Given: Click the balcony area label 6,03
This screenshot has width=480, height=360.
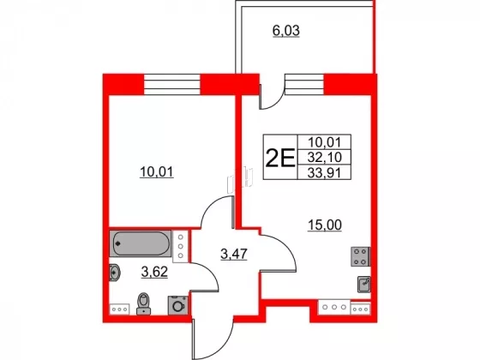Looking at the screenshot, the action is click(286, 31).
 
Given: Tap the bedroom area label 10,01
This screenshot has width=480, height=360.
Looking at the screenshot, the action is click(157, 172).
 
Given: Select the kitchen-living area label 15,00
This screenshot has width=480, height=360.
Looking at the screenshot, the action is click(325, 225).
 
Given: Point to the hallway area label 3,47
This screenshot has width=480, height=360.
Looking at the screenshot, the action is click(234, 254).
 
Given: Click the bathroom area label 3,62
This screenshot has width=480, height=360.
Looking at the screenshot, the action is click(154, 272).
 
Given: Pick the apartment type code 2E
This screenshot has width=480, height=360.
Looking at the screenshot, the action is click(279, 158).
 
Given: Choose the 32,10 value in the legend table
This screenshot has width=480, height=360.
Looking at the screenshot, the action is click(324, 158).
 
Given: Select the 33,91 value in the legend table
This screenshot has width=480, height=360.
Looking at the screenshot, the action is click(324, 173).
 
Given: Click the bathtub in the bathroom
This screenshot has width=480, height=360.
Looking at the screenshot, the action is click(141, 243).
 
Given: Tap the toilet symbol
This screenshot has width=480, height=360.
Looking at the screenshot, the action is click(143, 303).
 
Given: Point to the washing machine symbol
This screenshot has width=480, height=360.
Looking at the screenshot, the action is click(177, 305).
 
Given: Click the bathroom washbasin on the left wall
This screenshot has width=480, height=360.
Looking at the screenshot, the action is click(115, 272).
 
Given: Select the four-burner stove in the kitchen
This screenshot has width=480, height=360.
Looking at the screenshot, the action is click(360, 256).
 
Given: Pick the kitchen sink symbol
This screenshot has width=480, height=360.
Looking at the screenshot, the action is click(364, 285).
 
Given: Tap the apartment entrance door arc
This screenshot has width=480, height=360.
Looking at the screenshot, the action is click(216, 346).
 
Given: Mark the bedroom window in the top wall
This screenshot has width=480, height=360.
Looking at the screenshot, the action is click(171, 85).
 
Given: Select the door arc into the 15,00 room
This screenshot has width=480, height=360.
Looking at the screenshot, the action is click(285, 249).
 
